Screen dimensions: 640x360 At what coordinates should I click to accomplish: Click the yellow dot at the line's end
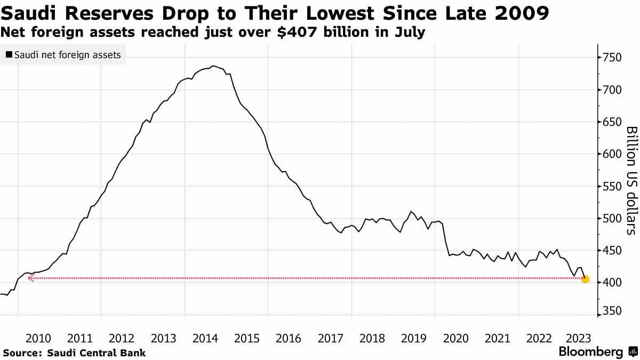585,279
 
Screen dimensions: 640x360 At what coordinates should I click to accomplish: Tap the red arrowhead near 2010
31,277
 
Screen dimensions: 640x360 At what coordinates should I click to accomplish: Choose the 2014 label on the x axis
205,339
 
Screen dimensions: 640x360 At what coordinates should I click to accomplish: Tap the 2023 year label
578,339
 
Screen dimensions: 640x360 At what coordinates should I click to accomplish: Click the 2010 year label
38,339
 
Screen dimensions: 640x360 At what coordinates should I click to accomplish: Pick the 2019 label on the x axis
414,339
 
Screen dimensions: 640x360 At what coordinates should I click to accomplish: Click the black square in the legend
9,54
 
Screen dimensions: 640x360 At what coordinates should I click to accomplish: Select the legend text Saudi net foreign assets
68,55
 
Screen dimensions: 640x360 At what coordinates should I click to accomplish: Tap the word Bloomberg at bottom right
591,351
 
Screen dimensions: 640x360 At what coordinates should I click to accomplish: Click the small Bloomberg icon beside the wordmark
633,351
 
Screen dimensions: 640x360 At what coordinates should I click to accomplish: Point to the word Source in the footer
22,353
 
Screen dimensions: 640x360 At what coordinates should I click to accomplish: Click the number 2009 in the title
522,13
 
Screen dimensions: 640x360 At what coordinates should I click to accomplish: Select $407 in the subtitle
297,32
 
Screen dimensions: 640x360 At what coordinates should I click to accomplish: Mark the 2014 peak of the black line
213,66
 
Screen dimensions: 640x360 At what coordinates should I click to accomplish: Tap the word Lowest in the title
340,13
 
